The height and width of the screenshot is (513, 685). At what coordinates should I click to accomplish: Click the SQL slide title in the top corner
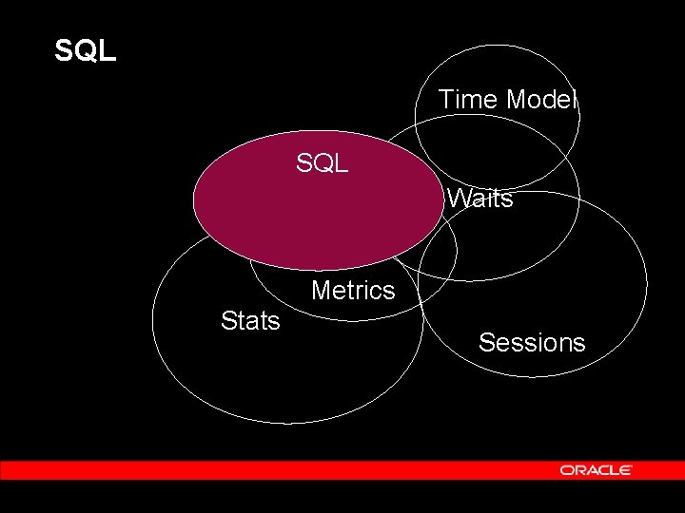[x=86, y=50]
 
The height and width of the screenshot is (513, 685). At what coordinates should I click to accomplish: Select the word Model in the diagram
[x=542, y=99]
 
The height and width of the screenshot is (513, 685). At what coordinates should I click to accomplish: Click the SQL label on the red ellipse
[x=322, y=163]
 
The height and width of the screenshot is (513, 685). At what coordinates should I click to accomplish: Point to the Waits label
[x=480, y=199]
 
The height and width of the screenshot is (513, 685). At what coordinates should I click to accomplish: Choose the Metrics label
[x=353, y=290]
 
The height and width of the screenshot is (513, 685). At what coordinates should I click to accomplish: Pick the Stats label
[x=250, y=321]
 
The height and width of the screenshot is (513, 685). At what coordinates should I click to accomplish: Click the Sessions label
[x=532, y=342]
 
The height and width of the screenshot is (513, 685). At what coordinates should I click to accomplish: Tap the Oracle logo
[x=597, y=470]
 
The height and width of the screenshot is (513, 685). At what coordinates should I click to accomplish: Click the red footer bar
[x=285, y=470]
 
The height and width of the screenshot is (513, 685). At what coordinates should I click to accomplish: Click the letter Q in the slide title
[x=86, y=50]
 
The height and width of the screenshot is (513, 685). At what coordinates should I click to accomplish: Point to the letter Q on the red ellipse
[x=322, y=163]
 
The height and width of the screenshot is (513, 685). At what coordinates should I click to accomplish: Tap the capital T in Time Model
[x=446, y=99]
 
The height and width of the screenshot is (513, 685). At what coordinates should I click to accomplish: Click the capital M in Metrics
[x=321, y=290]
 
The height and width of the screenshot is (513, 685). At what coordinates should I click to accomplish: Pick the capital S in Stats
[x=228, y=321]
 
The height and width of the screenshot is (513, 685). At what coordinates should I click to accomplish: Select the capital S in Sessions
[x=487, y=342]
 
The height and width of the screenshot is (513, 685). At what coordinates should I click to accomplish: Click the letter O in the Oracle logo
[x=566, y=470]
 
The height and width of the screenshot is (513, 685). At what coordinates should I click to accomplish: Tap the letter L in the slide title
[x=108, y=50]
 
